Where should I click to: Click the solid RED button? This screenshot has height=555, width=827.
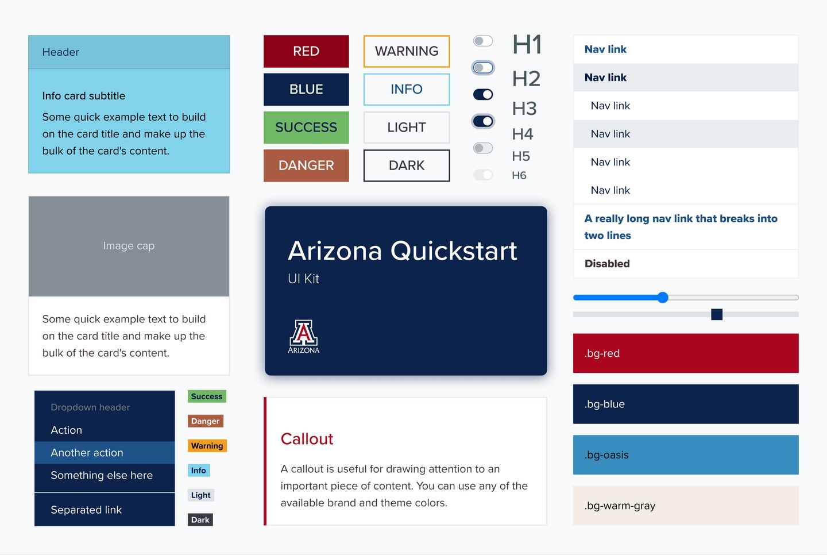tap(306, 51)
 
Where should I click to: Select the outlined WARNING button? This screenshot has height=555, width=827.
tap(407, 51)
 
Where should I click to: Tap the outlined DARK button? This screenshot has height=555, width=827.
tap(407, 165)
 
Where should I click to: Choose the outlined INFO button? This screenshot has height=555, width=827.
tap(407, 89)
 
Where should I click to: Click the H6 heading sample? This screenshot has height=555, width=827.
tap(519, 175)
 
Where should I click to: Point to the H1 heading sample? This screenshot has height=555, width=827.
tap(527, 45)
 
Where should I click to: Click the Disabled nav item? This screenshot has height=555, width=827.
tap(607, 264)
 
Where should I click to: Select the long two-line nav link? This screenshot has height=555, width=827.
tap(681, 227)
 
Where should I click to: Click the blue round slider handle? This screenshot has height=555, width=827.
tap(663, 298)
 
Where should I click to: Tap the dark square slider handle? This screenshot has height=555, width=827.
tap(717, 314)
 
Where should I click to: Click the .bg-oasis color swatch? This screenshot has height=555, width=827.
tap(686, 455)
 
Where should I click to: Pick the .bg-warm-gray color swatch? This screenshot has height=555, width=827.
tap(686, 506)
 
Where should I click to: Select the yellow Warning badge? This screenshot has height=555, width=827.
tap(207, 446)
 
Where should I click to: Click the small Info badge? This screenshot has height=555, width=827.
tap(199, 471)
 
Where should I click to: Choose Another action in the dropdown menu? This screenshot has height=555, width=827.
tap(87, 453)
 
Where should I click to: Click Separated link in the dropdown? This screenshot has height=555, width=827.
tap(86, 510)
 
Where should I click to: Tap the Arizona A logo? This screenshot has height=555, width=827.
tap(303, 336)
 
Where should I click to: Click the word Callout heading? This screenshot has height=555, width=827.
tap(307, 439)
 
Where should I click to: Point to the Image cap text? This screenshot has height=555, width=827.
tap(129, 246)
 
